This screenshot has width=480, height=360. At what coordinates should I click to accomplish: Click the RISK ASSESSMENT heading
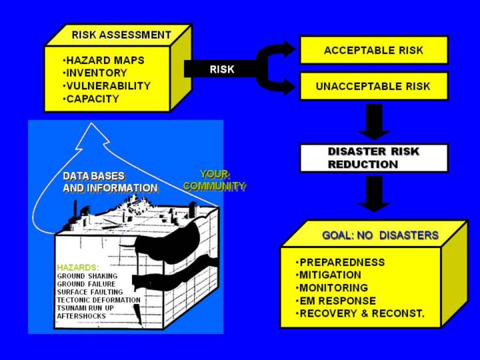121,35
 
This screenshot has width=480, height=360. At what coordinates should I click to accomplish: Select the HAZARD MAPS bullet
104,60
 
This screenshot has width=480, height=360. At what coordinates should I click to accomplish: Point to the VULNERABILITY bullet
107,86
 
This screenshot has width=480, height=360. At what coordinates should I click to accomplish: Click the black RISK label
222,69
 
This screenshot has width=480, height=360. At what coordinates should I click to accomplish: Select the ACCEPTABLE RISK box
373,51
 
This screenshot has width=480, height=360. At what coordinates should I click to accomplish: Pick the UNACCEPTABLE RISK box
373,87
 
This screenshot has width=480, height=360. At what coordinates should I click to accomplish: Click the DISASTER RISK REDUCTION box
373,158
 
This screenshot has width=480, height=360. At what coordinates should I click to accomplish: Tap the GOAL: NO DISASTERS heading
380,235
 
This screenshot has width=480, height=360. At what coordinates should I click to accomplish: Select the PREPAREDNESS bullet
341,262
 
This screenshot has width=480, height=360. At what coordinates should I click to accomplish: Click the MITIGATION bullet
330,275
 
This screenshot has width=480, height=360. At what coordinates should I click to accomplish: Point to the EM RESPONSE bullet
337,301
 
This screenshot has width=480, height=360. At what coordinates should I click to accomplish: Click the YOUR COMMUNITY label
213,180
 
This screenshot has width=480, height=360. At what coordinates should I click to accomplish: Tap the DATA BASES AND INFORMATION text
110,182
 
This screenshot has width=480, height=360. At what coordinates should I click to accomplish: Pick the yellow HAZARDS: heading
77,267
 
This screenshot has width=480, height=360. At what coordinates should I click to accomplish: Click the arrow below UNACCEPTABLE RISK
374,122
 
